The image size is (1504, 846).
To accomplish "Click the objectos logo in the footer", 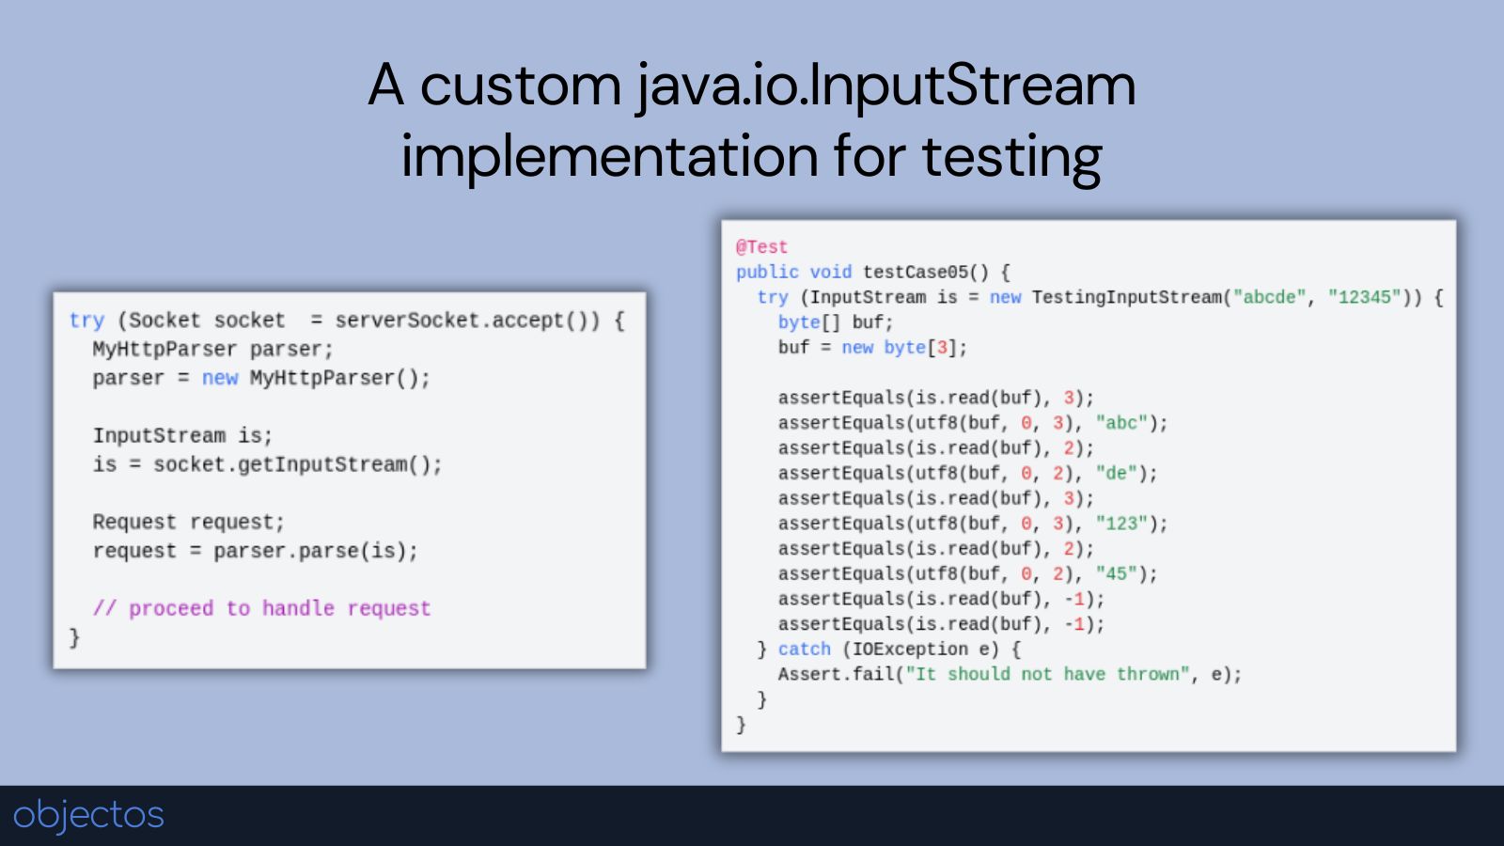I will pos(88,814).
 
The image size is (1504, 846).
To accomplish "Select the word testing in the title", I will pos(1011,156).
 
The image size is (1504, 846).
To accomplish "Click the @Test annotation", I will pos(761,246).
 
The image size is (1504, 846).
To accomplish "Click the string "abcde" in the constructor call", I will pos(1269,297).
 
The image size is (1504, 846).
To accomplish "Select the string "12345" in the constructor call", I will pos(1364,297).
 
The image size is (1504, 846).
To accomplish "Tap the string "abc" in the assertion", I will pos(1121,423).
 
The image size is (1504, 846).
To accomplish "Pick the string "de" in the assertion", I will pos(1116,473).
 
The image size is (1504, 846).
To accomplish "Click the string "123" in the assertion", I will pos(1121,524).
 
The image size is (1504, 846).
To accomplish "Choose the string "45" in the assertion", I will pos(1116,573).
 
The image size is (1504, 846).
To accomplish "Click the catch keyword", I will pos(804,649).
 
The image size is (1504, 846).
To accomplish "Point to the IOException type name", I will pos(910,649).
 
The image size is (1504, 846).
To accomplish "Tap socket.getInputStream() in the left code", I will pos(297,464).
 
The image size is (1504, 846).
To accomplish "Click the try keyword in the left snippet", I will pos(86,321).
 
